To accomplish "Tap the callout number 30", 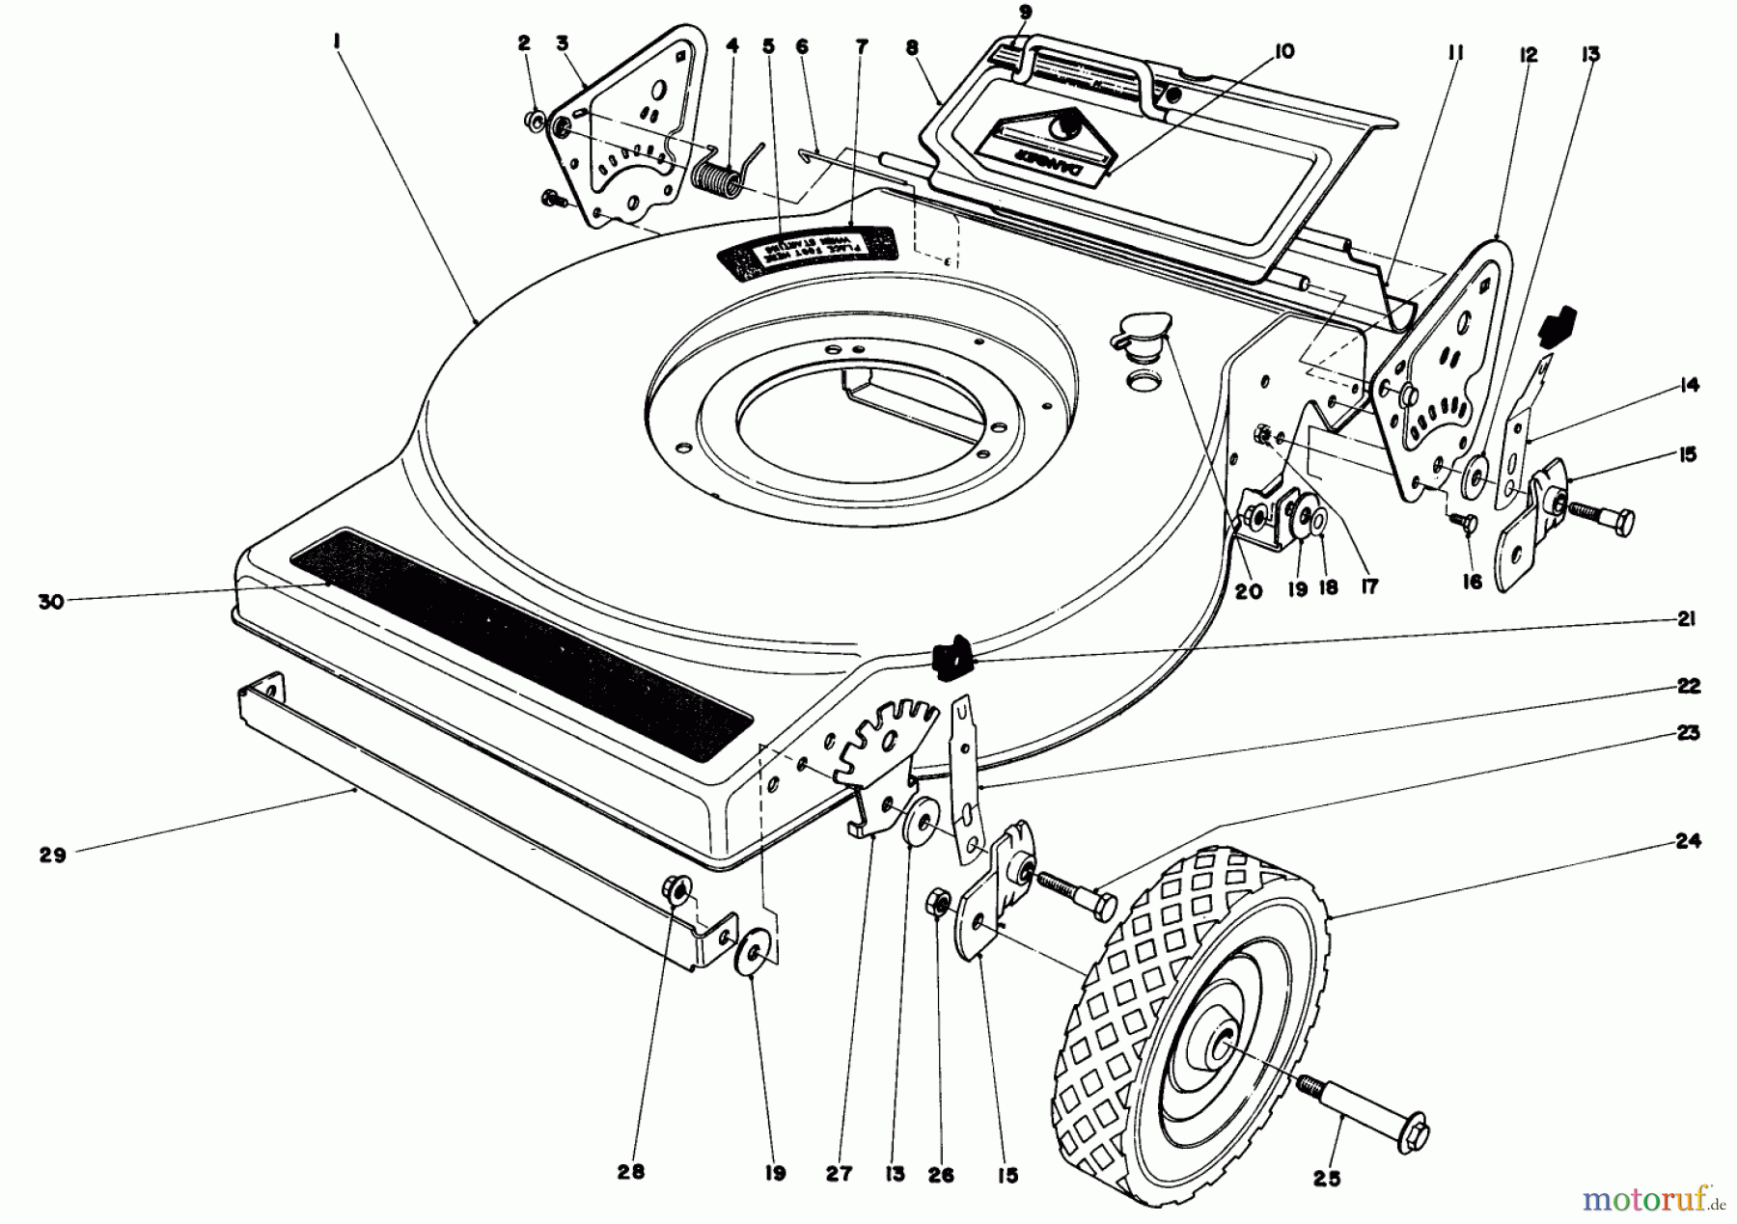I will tap(50, 601).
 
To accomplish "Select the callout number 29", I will tap(52, 855).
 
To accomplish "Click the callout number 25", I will tap(1327, 1178).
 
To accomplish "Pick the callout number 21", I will tap(1686, 619).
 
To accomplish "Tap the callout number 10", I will tap(1283, 52).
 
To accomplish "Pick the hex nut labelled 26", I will tap(937, 904).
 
